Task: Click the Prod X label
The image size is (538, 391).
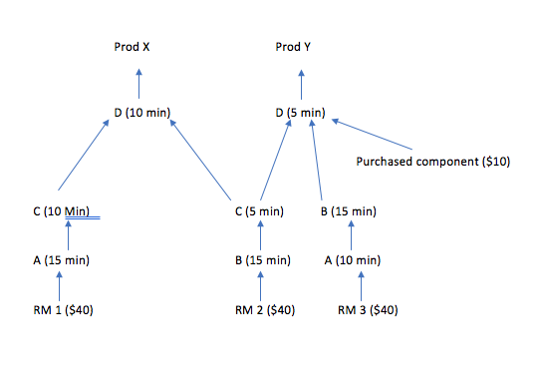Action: pos(138,47)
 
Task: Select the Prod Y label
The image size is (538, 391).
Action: pos(300,47)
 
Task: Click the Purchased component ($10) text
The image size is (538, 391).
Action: pos(433,161)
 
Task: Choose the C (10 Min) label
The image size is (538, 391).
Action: pos(61,211)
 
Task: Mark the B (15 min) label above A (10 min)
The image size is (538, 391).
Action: pos(348,211)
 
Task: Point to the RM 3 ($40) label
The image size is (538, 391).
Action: pos(368,310)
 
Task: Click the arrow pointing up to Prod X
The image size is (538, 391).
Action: pos(139,82)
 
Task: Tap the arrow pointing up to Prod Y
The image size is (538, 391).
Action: pos(301,82)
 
